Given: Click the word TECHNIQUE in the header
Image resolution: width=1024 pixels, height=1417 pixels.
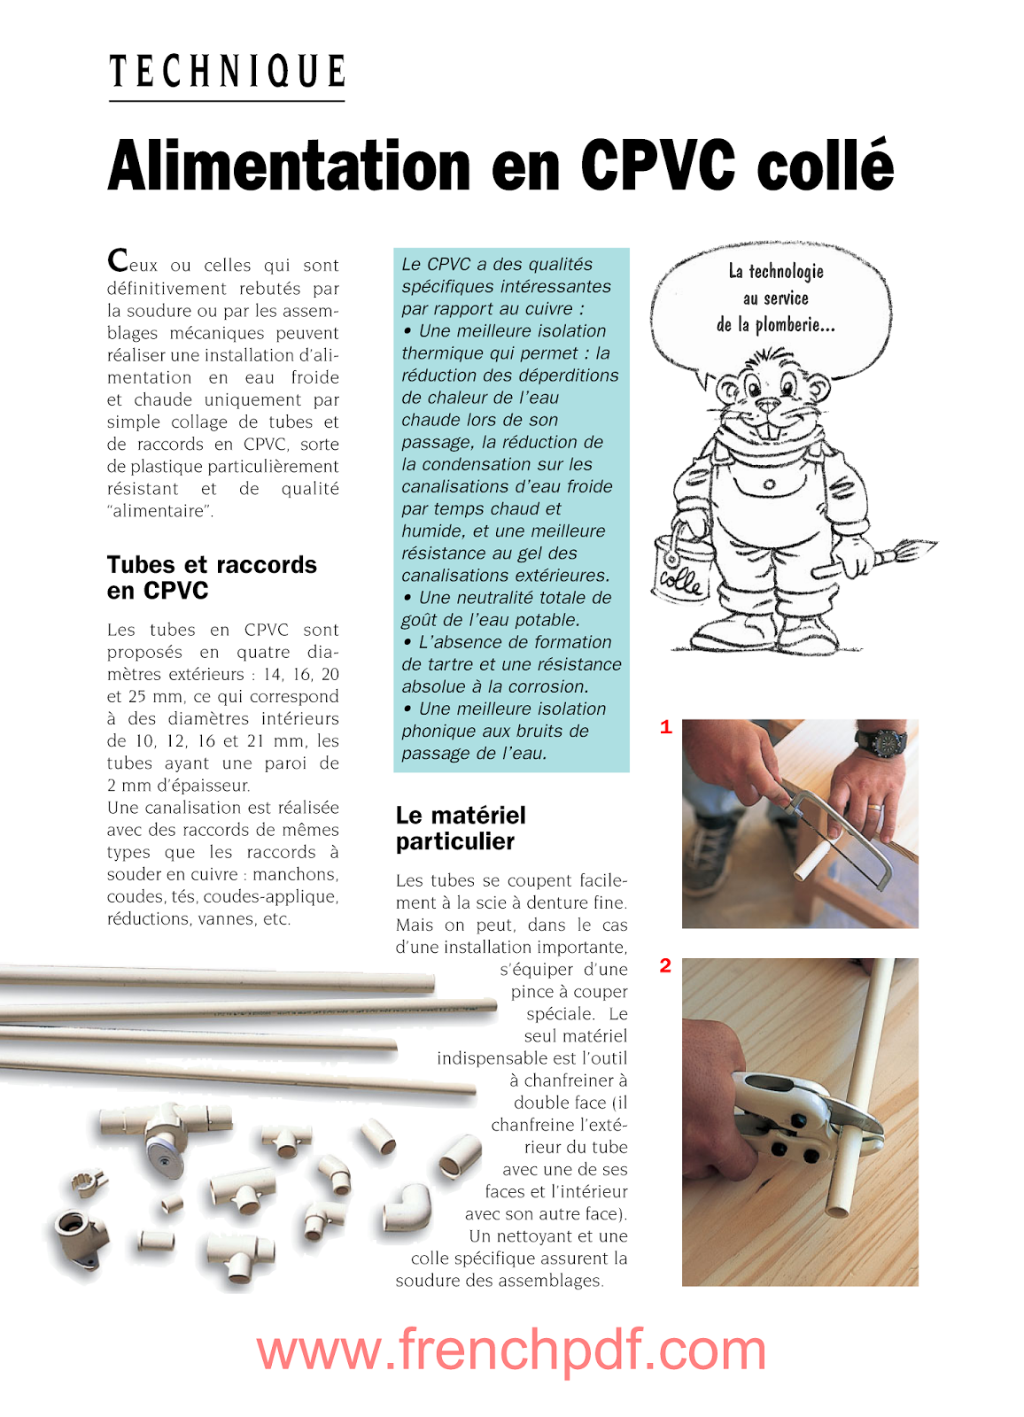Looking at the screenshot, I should (227, 72).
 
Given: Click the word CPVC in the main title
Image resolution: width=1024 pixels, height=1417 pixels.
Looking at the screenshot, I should (658, 166).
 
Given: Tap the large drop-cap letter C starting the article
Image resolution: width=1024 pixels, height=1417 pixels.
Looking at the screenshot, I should (118, 260).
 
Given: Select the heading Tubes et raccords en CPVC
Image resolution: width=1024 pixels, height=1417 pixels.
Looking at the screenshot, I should (211, 577).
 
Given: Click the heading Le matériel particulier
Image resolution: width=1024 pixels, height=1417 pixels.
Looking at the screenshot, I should (460, 828).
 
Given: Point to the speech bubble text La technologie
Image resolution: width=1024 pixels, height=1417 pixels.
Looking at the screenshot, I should (776, 272).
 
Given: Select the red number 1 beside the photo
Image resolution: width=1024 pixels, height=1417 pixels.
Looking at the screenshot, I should (666, 728).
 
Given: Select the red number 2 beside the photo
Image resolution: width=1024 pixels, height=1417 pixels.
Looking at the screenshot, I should (665, 966).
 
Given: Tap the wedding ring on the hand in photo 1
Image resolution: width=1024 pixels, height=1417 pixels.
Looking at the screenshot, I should (873, 809).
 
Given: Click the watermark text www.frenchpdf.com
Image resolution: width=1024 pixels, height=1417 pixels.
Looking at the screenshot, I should (511, 1351).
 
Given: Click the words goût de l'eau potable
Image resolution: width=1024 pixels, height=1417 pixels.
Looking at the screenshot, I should (491, 620).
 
